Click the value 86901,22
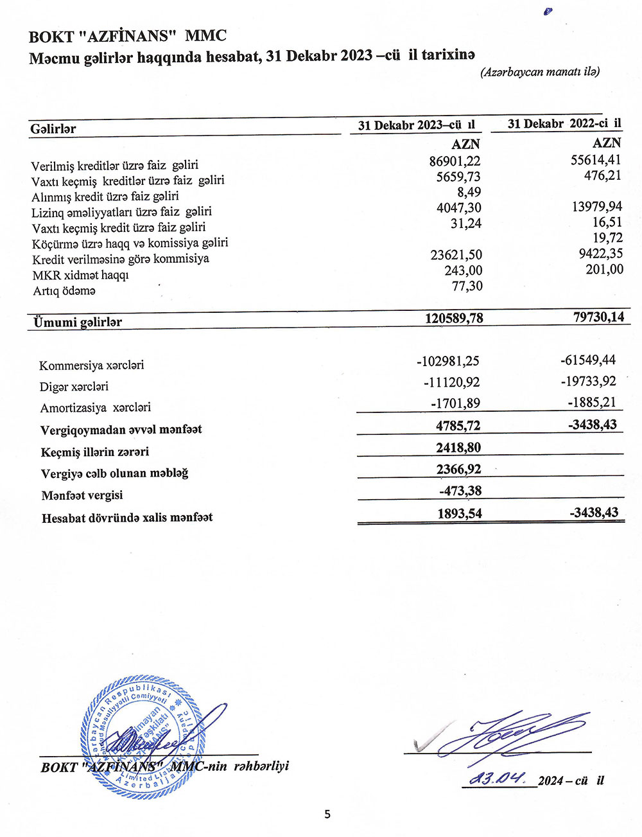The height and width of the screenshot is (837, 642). pyautogui.click(x=455, y=161)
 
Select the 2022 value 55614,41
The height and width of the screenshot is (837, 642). pyautogui.click(x=596, y=159)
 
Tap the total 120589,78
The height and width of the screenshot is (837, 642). pyautogui.click(x=454, y=317)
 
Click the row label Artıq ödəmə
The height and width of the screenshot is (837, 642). pyautogui.click(x=64, y=291)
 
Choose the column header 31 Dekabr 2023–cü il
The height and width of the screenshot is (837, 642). pyautogui.click(x=416, y=125)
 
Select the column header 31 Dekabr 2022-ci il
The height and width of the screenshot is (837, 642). pyautogui.click(x=564, y=123)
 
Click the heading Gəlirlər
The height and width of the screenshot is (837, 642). pyautogui.click(x=53, y=129)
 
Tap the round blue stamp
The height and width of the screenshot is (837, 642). pyautogui.click(x=143, y=737)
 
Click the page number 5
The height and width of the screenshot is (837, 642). pyautogui.click(x=327, y=815)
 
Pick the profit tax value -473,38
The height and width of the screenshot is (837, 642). pyautogui.click(x=460, y=491)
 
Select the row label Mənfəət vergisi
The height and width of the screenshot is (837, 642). pyautogui.click(x=82, y=495)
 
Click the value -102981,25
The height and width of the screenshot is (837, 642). pyautogui.click(x=448, y=361)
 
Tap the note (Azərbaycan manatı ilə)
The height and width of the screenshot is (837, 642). pyautogui.click(x=540, y=72)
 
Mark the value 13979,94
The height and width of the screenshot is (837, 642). pyautogui.click(x=596, y=206)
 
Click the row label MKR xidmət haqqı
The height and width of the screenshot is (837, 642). pyautogui.click(x=81, y=275)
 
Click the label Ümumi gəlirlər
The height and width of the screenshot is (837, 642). pyautogui.click(x=78, y=322)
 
